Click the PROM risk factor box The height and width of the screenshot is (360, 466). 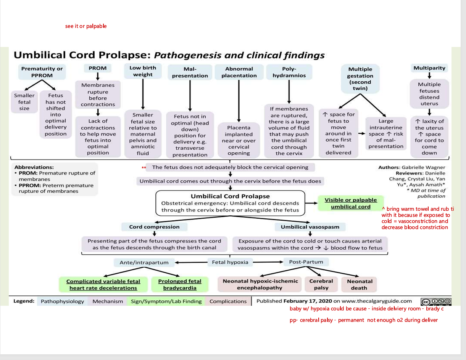[x=98, y=68]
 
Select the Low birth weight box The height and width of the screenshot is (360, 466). [x=143, y=71]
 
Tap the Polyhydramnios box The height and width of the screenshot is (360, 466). [x=289, y=72]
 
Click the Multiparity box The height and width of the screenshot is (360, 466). [x=429, y=68]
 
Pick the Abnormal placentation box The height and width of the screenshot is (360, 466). [x=239, y=72]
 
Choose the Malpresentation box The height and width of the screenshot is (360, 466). [x=190, y=72]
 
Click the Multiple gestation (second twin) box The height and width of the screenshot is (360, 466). [x=360, y=79]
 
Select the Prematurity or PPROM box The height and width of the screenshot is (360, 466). [x=42, y=72]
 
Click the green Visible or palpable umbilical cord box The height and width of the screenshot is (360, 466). [x=350, y=203]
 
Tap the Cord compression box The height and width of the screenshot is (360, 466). [x=154, y=227]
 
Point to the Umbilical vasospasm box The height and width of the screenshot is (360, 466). [x=310, y=227]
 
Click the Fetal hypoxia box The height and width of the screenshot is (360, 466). [x=230, y=262]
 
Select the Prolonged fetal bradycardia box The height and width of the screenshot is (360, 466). [x=180, y=284]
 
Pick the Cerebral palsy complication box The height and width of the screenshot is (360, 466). [x=321, y=284]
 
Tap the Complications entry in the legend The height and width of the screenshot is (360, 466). [x=228, y=301]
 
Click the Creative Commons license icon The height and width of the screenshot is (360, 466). [x=435, y=302]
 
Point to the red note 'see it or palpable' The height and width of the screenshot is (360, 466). [x=86, y=26]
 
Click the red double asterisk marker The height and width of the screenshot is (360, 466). [x=144, y=168]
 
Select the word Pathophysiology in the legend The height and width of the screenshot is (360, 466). [x=62, y=301]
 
